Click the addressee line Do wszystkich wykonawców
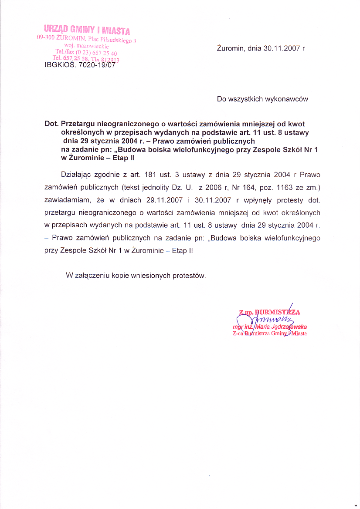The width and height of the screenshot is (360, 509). pyautogui.click(x=262, y=99)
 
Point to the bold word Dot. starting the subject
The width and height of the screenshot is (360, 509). pyautogui.click(x=52, y=124)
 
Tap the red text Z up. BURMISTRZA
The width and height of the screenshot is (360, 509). pyautogui.click(x=270, y=312)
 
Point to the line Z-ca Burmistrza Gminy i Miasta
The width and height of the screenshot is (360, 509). pyautogui.click(x=270, y=334)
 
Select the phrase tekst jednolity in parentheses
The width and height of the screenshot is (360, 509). pyautogui.click(x=146, y=188)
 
